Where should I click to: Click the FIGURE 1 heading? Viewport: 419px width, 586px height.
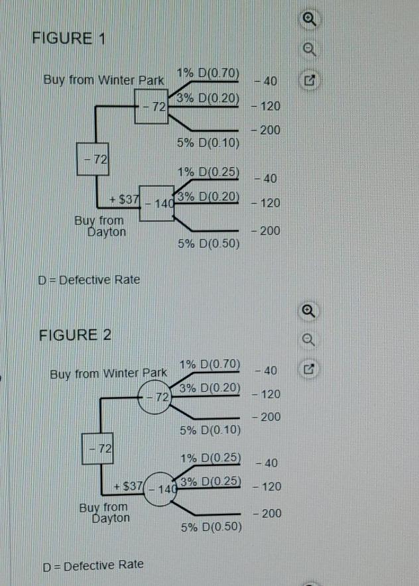[69, 38]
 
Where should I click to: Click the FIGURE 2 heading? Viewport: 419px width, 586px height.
[75, 335]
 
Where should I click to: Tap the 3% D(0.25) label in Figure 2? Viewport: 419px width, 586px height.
[210, 481]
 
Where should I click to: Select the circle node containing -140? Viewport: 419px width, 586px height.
[160, 489]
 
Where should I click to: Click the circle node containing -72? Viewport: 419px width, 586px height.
[154, 397]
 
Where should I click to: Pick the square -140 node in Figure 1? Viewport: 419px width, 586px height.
[157, 204]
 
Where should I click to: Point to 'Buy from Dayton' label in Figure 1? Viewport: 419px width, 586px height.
[100, 226]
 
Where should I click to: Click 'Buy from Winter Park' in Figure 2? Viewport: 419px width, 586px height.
[108, 374]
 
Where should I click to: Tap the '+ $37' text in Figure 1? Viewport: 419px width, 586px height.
[124, 200]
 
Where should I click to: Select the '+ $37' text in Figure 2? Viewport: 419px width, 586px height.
[128, 486]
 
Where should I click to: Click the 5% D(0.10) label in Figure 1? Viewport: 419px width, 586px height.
[208, 143]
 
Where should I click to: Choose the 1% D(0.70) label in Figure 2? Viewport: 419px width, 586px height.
[209, 365]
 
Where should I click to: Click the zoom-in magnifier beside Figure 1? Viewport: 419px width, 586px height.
[309, 19]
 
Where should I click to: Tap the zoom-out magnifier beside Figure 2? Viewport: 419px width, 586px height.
[308, 339]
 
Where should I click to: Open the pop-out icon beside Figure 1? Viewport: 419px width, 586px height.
[310, 80]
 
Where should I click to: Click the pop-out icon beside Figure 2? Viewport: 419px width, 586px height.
[309, 369]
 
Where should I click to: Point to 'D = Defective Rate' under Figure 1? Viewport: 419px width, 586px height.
[89, 280]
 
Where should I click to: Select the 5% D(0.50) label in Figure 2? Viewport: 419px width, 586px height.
[211, 527]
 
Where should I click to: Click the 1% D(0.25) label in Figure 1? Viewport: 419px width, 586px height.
[208, 172]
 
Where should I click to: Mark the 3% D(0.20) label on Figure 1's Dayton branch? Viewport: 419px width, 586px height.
[208, 196]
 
